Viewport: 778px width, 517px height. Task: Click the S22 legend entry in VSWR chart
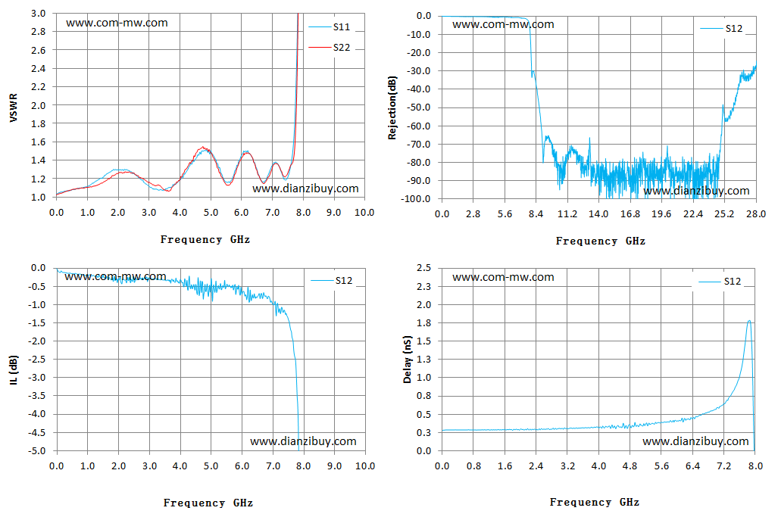coord(330,47)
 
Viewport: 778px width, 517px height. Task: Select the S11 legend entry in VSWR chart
coord(330,26)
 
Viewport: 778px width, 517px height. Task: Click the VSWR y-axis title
coord(14,107)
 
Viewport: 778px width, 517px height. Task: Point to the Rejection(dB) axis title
coord(392,107)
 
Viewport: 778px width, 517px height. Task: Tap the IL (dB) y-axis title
coord(14,370)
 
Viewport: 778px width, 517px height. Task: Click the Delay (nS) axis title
coord(408,360)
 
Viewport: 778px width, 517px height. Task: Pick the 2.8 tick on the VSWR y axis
coord(38,32)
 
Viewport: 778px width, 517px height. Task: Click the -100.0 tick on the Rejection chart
coord(418,199)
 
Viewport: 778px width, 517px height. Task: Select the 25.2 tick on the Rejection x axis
coord(724,214)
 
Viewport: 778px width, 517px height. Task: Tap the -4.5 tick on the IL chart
coord(38,433)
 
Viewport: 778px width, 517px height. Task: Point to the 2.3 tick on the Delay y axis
coord(423,286)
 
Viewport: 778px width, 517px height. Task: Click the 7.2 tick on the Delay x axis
coord(724,466)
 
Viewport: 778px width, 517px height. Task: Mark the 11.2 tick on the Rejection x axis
coord(567,214)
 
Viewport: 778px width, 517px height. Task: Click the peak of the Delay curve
coord(748,321)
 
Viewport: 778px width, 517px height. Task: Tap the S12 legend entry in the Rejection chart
coord(721,29)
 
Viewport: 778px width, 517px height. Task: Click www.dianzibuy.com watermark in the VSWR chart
coord(305,188)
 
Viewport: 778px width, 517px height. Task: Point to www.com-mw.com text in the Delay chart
coord(503,277)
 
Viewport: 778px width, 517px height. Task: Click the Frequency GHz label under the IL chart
coord(208,503)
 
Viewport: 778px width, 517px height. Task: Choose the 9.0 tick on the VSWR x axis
coord(334,213)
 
